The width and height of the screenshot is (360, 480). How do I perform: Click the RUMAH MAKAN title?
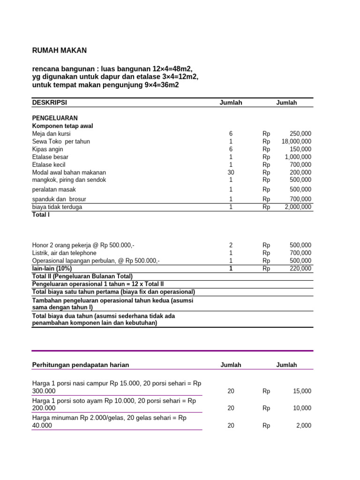pos(59,51)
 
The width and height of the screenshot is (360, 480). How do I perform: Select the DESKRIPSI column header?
pos(52,103)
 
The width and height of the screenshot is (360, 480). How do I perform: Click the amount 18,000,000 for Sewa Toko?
pos(296,142)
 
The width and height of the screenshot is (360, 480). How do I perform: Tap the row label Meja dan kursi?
pos(52,134)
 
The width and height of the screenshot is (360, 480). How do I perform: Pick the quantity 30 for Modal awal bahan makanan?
pos(231,172)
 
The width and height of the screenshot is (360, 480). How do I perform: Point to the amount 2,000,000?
pos(298,207)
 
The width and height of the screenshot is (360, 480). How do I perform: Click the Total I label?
pos(41,215)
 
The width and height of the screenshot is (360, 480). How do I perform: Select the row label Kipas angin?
pos(47,149)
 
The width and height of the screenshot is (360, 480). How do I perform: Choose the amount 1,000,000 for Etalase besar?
pos(298,157)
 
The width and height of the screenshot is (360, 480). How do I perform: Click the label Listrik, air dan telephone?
pos(64,253)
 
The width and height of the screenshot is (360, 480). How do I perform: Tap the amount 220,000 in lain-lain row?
pos(300,269)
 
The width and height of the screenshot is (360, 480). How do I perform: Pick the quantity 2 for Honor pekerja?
pos(231,245)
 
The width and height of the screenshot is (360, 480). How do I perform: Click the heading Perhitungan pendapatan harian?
pos(80,365)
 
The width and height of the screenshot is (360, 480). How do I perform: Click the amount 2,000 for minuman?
pos(303,426)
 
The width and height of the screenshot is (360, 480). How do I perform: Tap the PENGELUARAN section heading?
pos(55,118)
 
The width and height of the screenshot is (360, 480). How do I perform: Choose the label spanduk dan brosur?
pos(59,199)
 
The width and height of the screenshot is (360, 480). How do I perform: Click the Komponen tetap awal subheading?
pos(62,126)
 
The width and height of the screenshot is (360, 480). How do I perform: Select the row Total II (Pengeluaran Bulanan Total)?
pos(82,277)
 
